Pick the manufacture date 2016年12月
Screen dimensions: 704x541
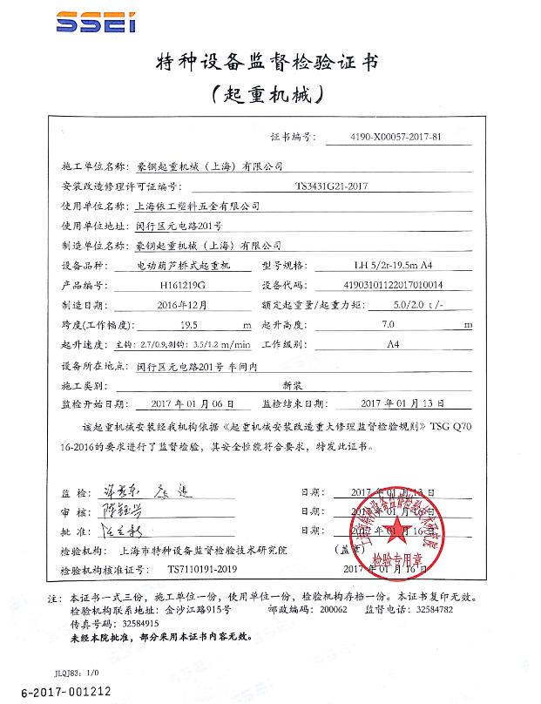click(x=180, y=305)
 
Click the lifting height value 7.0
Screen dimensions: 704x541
click(x=389, y=325)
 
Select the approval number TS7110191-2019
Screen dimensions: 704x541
click(x=204, y=569)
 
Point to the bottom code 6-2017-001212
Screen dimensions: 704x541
click(x=55, y=692)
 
